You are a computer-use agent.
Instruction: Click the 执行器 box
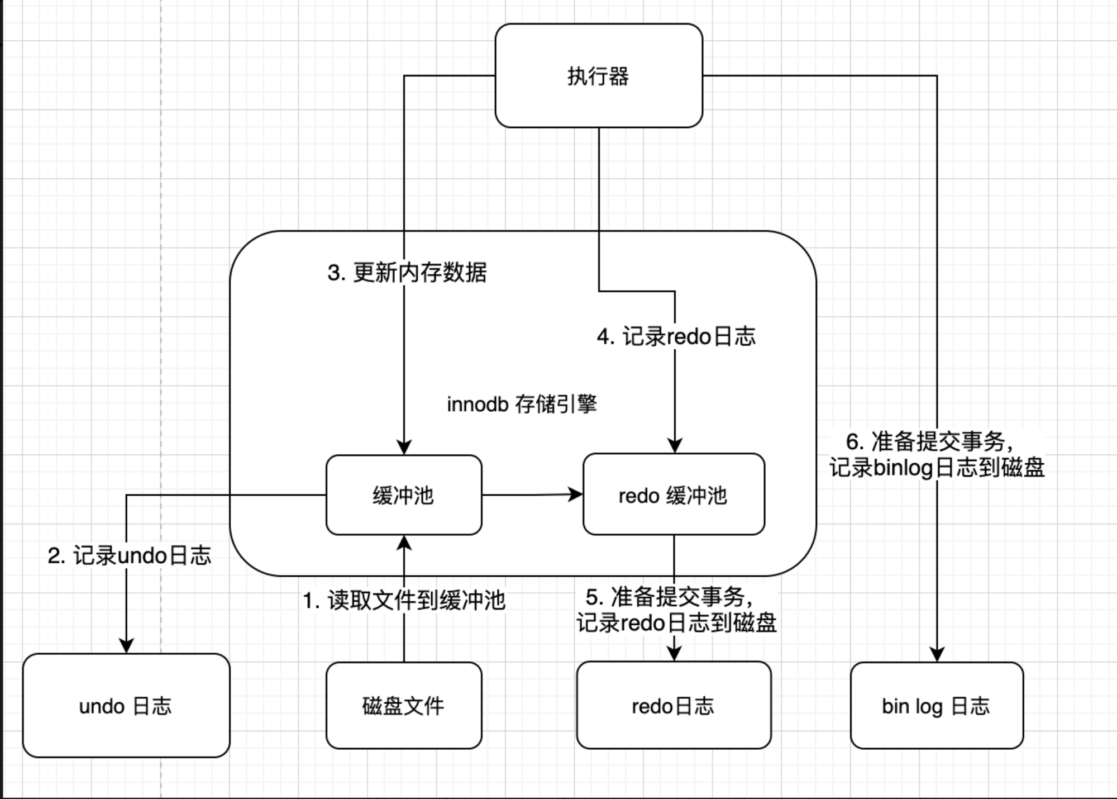coord(599,75)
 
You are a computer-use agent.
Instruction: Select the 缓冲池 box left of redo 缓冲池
coord(404,495)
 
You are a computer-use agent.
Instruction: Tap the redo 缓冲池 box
coord(674,494)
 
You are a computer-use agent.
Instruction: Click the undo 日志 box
coord(126,706)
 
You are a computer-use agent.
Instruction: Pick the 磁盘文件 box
coord(404,706)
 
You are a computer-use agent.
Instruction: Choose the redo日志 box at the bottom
coord(674,706)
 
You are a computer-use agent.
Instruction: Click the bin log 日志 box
coord(937,706)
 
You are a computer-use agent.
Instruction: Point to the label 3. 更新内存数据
coord(407,273)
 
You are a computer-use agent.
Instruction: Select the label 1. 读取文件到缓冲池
coord(404,601)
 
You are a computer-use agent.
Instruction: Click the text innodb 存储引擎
coord(522,404)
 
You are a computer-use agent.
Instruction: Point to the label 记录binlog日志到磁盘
coord(937,468)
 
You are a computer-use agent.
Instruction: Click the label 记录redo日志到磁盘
coord(676,623)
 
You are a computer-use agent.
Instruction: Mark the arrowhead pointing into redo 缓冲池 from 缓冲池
coord(576,494)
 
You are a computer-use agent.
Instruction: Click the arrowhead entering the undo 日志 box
coord(126,646)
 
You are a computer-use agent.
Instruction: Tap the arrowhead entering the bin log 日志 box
coord(937,654)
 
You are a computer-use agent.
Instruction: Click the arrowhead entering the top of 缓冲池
coord(404,447)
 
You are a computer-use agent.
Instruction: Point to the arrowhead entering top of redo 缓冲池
coord(675,445)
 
